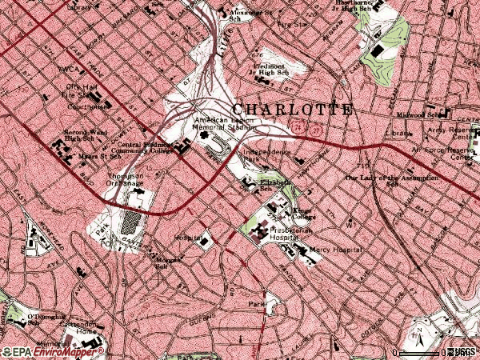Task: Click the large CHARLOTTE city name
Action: point(292,110)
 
